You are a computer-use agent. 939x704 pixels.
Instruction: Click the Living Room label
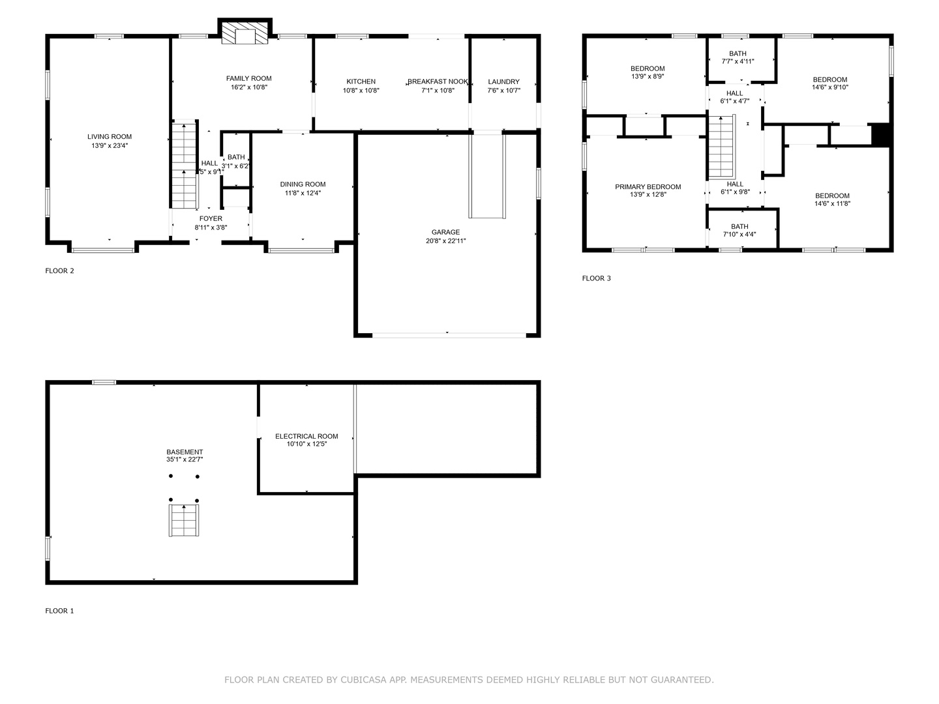tap(110, 137)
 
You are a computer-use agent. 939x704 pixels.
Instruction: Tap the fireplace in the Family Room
tap(245, 32)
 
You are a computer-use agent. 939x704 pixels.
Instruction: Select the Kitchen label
tap(361, 81)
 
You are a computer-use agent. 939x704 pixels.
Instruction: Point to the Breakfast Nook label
tap(438, 81)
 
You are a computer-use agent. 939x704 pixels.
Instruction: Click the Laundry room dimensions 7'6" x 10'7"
tap(504, 90)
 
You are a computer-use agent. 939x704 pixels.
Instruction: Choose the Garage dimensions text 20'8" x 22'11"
tap(446, 241)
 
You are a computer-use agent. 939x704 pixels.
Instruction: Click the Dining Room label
tap(303, 184)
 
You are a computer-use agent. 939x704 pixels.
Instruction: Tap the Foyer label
tap(211, 219)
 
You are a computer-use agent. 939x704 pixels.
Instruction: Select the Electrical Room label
tap(306, 437)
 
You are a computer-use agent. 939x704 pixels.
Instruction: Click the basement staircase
tap(184, 520)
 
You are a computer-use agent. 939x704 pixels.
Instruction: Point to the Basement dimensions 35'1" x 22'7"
tap(185, 460)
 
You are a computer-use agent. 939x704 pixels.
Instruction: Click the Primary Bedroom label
tap(648, 187)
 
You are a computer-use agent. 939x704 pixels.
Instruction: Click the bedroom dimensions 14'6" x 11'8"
tap(833, 203)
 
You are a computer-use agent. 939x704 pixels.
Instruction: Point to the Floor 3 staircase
tap(722, 147)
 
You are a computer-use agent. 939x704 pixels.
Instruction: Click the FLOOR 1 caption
tap(59, 611)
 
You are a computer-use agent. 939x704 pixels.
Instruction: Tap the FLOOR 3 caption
tap(597, 278)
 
